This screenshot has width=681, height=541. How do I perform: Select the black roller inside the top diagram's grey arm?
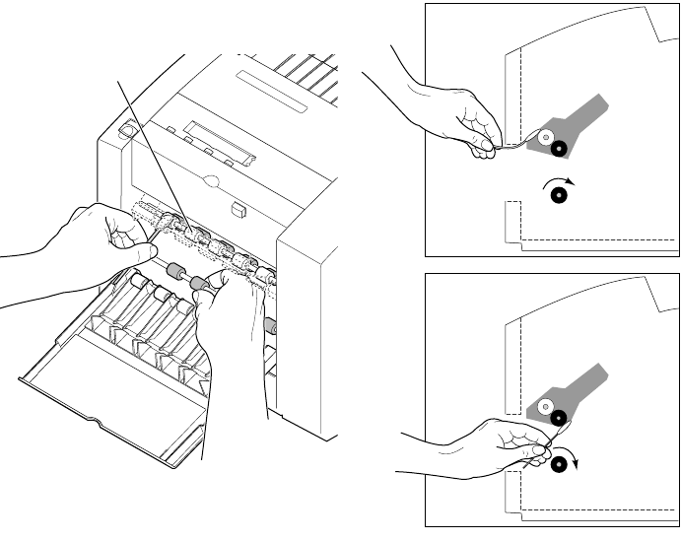point(559,149)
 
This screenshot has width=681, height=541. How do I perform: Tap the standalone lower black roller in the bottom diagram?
point(558,464)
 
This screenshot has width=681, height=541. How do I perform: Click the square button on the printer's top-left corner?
point(126,130)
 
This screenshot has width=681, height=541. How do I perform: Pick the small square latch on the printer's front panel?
point(238,209)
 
